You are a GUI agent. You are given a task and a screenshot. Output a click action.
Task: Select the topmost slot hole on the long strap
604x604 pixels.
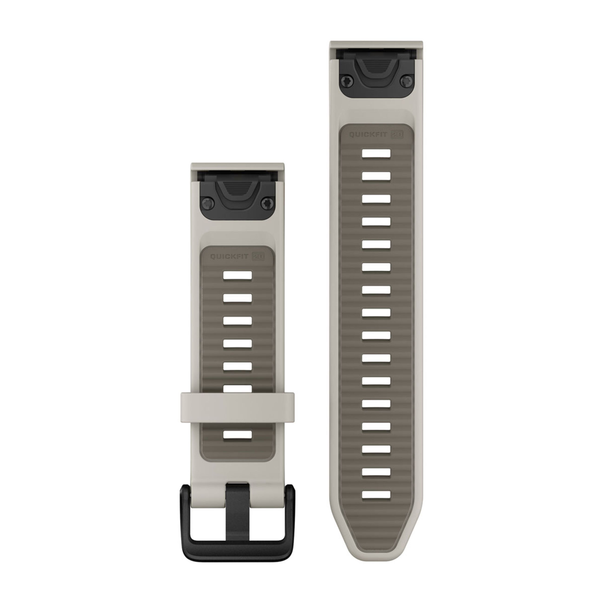pyautogui.click(x=376, y=154)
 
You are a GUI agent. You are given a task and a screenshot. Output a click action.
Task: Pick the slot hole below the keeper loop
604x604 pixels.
pyautogui.click(x=238, y=435)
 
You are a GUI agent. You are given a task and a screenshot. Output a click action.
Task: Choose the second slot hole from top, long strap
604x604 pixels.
pyautogui.click(x=376, y=176)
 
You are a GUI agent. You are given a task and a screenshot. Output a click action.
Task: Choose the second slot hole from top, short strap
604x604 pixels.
pyautogui.click(x=238, y=298)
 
